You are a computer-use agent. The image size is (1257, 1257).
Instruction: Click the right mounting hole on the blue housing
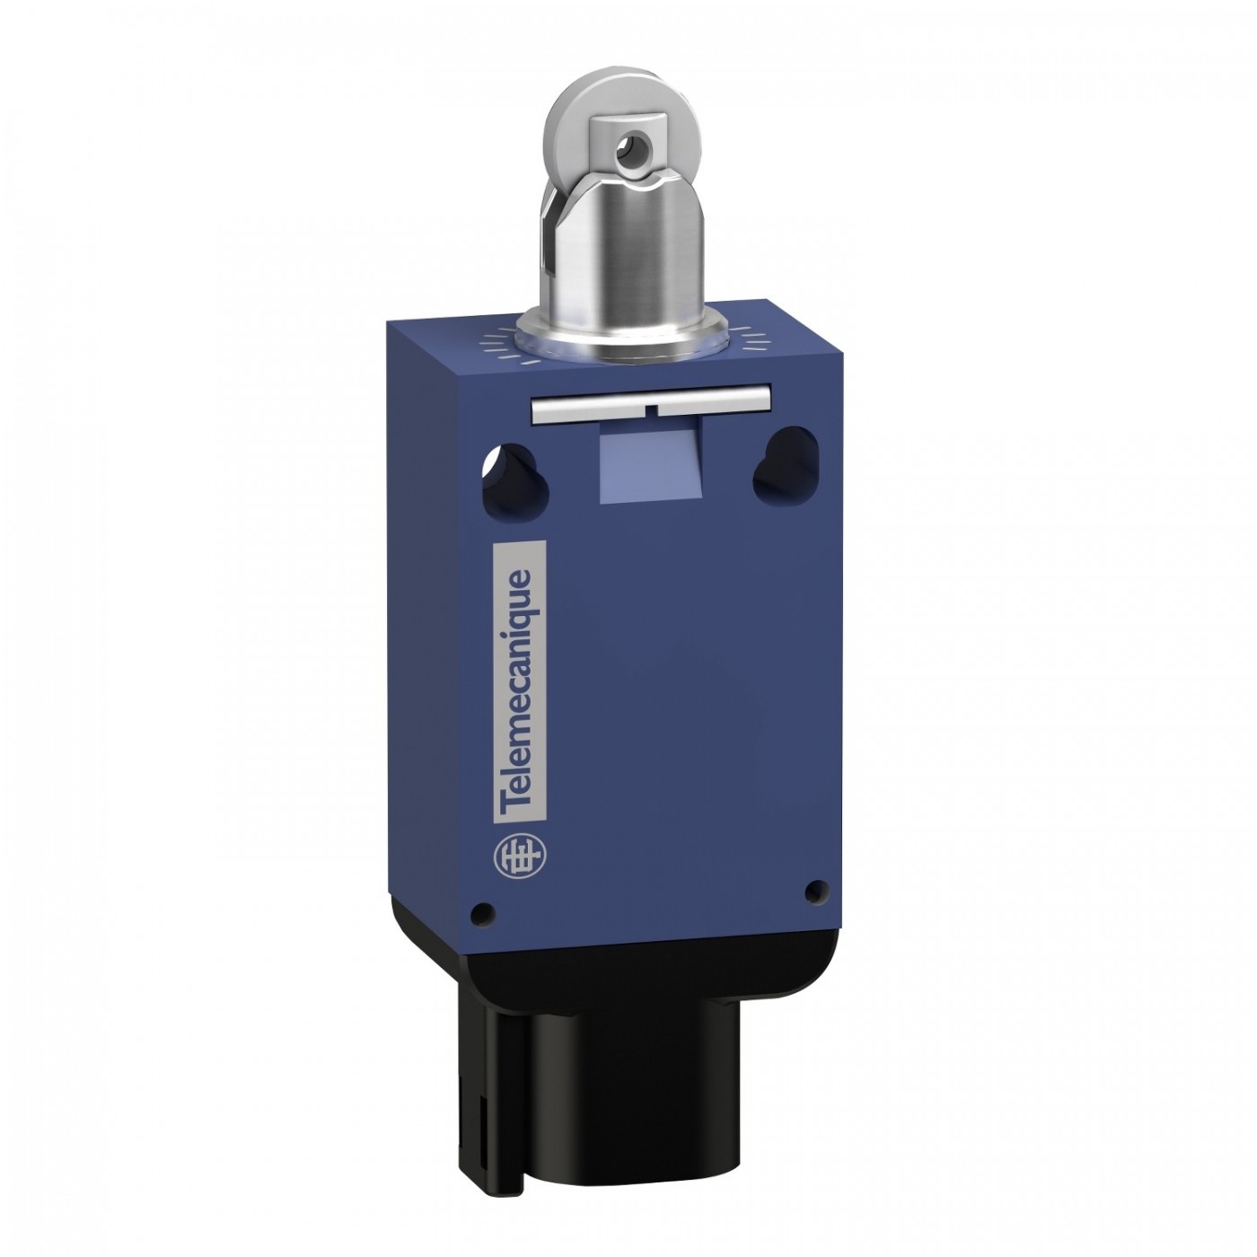[776, 461]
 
